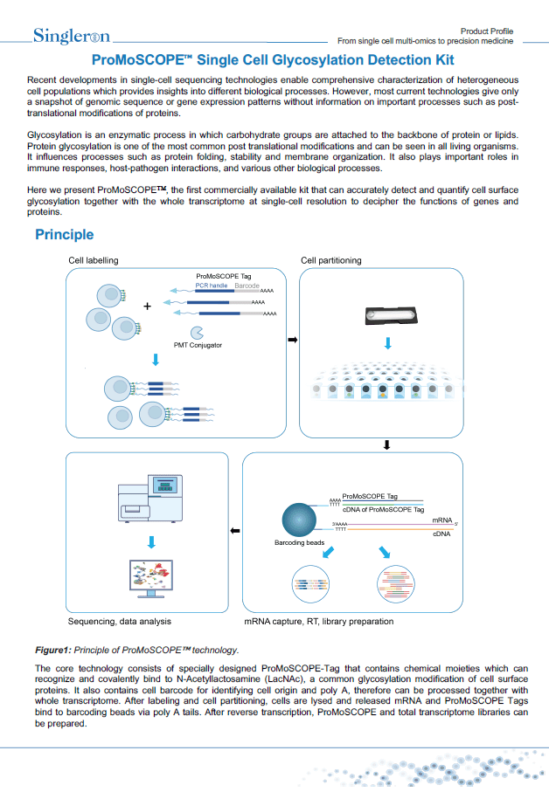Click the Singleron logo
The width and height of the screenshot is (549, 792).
coord(72,36)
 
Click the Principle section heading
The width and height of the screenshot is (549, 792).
coord(64,235)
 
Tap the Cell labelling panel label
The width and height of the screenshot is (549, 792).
coord(94,260)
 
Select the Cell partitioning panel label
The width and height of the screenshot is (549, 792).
coord(330,260)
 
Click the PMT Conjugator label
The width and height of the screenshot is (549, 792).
coord(198,345)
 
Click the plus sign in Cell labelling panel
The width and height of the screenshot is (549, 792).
coord(147,306)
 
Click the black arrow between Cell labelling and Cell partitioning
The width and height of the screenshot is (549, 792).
coord(292,339)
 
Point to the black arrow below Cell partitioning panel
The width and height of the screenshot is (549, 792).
coord(386,444)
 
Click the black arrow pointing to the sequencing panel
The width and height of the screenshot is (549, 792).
coord(233,530)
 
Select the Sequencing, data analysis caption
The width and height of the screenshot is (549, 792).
coord(119,622)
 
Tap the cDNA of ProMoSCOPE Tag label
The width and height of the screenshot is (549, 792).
coord(383,508)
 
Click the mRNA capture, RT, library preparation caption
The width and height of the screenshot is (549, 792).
coord(318,622)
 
